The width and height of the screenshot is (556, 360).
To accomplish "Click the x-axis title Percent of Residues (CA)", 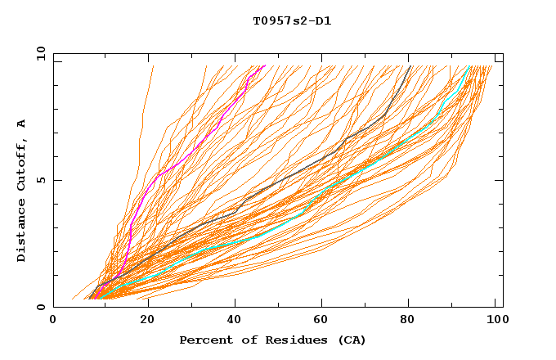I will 272,340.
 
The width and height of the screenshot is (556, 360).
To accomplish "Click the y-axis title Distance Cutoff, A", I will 22,191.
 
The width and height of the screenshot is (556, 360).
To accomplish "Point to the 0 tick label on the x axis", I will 53,322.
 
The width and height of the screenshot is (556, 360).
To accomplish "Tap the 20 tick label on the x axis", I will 147,322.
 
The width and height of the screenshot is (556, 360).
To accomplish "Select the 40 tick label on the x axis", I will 235,322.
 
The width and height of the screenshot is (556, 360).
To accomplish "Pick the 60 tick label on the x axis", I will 324,322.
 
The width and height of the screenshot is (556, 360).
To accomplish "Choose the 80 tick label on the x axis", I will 412,322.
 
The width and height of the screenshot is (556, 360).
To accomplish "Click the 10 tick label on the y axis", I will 40,53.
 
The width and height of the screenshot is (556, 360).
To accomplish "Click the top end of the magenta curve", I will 264,66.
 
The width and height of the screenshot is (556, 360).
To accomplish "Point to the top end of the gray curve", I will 410,66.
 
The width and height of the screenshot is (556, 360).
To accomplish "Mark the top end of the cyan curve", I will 469,66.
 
